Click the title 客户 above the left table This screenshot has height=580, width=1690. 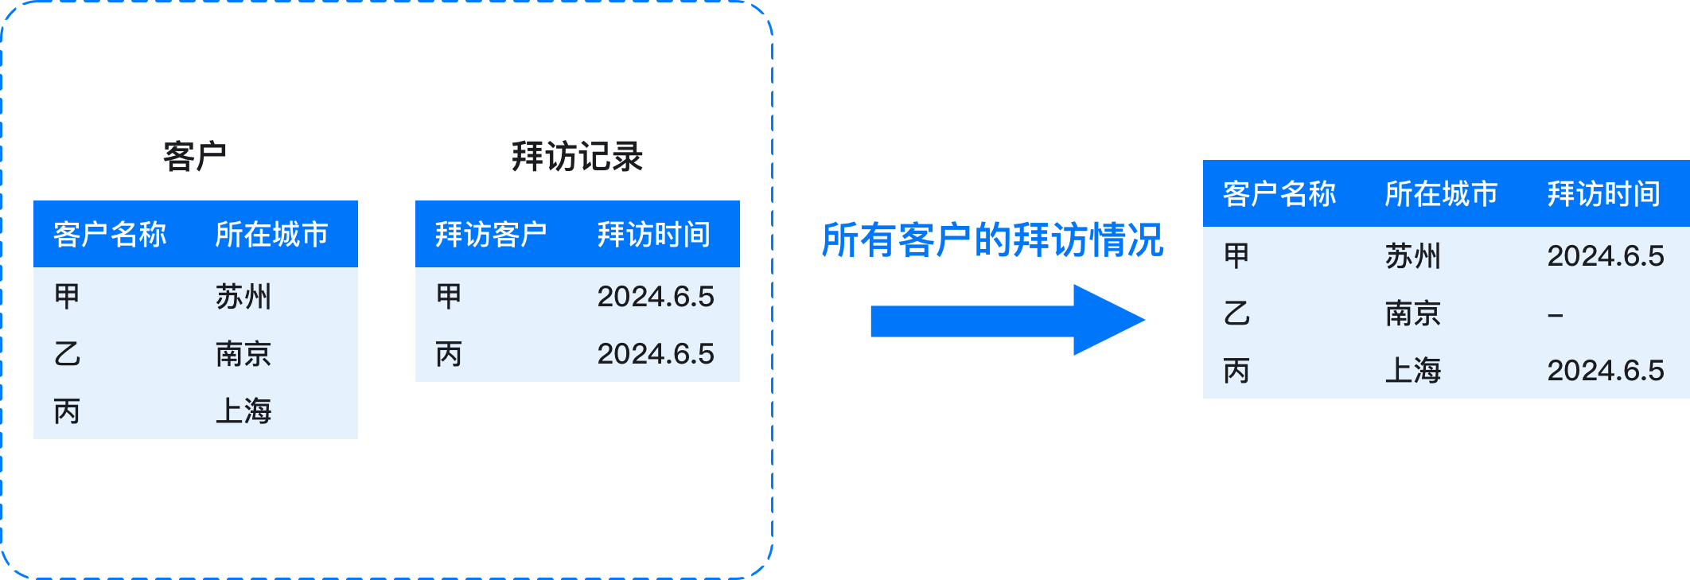point(195,156)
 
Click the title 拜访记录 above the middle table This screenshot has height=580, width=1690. point(578,156)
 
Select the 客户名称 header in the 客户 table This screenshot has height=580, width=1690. point(110,235)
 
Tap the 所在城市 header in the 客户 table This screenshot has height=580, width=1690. point(272,235)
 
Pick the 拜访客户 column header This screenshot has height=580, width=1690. point(492,235)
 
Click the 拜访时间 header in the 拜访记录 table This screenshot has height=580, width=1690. point(654,235)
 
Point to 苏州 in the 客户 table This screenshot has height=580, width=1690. point(243,297)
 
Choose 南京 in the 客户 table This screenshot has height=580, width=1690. point(243,354)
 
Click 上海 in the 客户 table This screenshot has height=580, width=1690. point(243,411)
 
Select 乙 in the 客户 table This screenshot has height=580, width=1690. point(68,354)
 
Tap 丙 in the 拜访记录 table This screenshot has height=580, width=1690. point(449,354)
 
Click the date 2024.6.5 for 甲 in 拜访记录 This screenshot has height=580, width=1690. point(656,297)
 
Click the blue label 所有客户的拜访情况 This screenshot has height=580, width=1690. point(992,240)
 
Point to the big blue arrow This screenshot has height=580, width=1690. point(1008,321)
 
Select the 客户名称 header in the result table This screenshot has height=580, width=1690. point(1279,194)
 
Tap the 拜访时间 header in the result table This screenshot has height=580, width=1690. point(1604,194)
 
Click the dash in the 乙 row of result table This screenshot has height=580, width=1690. point(1556,316)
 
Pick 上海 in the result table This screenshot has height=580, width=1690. point(1413,371)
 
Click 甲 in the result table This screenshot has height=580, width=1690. point(1236,256)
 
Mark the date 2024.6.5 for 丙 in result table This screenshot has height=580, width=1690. point(1606,371)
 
